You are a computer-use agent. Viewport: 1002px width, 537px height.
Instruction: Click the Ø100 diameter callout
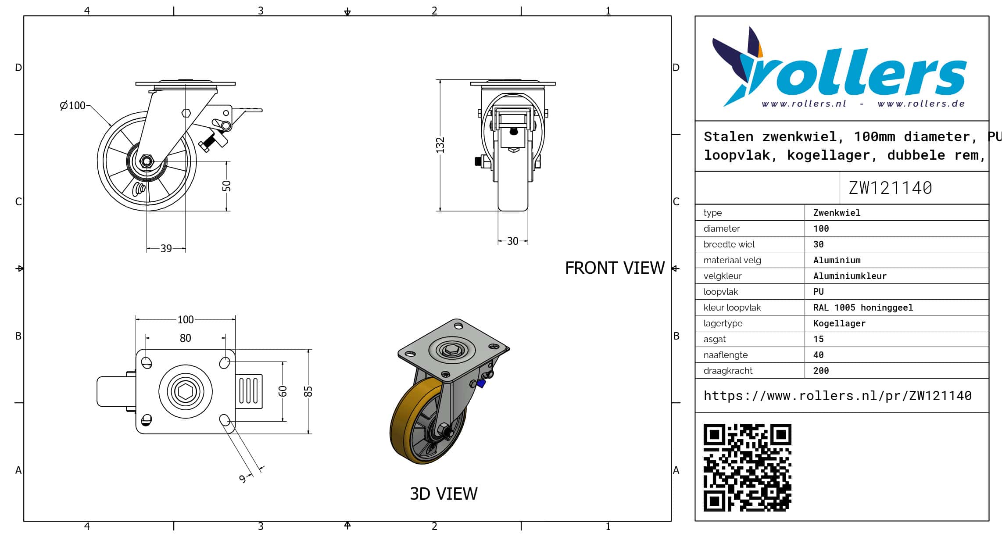(73, 106)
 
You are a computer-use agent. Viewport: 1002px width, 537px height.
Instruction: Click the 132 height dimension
(440, 145)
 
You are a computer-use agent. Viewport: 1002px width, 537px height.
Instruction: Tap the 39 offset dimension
(166, 249)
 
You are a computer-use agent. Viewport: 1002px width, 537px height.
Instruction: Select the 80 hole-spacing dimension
(186, 338)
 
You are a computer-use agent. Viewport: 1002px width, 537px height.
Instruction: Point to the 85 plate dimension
(308, 391)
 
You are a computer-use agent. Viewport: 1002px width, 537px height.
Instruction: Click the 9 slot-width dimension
(243, 479)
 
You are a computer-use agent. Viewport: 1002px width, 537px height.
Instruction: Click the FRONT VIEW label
(615, 268)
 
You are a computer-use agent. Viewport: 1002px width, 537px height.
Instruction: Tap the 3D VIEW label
(444, 494)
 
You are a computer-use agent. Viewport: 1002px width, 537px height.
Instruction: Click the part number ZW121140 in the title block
(890, 188)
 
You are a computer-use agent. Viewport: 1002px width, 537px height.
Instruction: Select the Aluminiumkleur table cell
(850, 276)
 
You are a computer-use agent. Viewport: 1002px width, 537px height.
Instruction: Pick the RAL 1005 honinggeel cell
(863, 308)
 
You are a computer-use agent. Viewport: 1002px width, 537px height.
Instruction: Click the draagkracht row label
(728, 371)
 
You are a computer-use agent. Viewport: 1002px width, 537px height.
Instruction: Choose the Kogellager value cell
(839, 323)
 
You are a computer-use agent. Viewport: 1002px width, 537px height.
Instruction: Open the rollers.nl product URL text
(837, 396)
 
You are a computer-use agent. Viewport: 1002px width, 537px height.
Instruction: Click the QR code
(748, 468)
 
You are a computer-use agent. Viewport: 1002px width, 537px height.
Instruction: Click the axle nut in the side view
(147, 161)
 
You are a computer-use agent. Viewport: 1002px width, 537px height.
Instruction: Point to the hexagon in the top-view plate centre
(186, 391)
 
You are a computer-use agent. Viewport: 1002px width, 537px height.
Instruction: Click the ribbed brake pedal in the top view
(249, 391)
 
